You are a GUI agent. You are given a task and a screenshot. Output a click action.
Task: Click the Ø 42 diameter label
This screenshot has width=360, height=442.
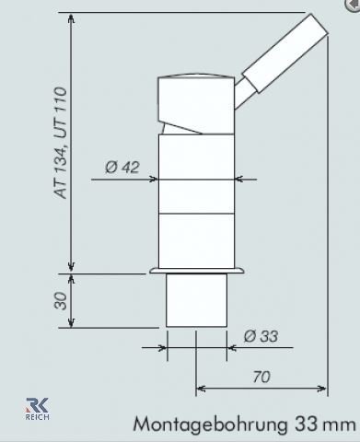click(x=122, y=168)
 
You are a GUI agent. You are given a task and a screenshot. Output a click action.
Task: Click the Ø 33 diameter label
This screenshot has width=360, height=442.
click(x=261, y=336)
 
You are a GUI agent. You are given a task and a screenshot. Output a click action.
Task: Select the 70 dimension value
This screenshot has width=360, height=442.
click(x=261, y=377)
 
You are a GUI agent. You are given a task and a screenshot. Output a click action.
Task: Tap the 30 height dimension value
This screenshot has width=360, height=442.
click(x=61, y=301)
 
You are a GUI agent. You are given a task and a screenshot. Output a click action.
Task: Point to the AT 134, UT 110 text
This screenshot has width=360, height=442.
click(x=60, y=143)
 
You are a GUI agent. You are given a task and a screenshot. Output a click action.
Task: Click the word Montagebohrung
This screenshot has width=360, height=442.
click(x=210, y=425)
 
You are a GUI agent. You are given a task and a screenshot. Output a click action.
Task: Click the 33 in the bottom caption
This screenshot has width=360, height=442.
click(x=306, y=424)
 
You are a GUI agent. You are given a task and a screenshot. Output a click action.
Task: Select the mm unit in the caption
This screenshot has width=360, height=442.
click(x=338, y=425)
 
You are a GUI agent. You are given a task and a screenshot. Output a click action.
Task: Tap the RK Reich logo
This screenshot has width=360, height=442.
click(x=37, y=409)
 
